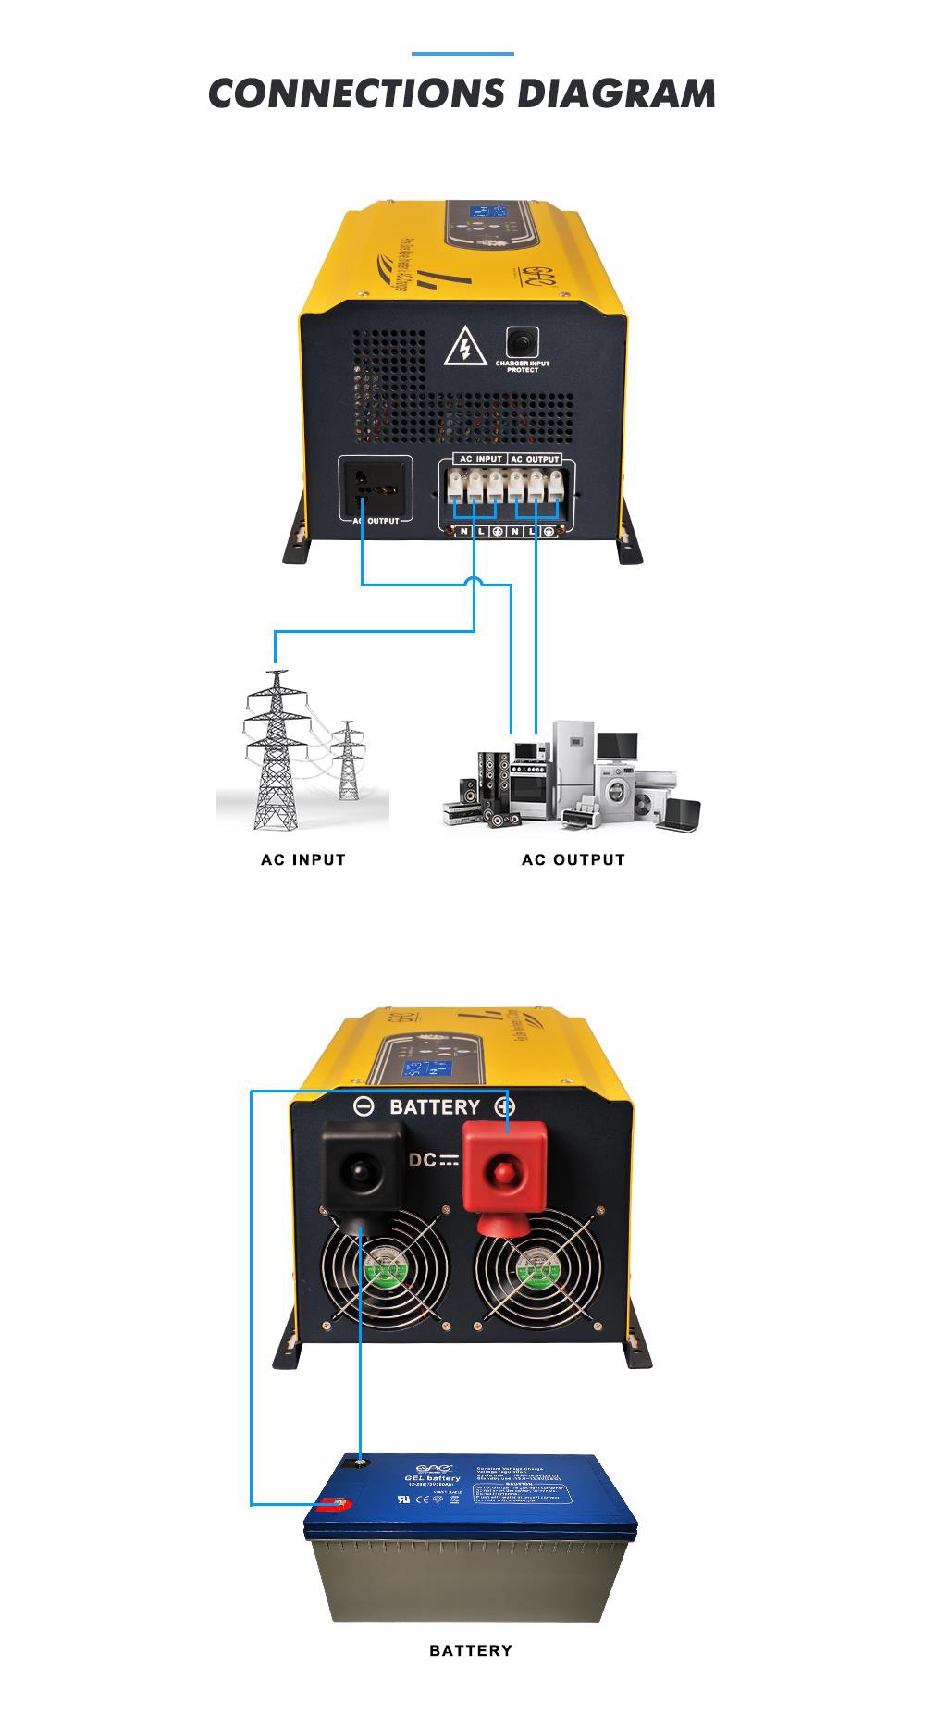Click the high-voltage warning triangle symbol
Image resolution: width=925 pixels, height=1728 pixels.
[465, 348]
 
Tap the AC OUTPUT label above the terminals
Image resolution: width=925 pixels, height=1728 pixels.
[535, 459]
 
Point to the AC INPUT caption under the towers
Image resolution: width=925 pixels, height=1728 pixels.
[303, 859]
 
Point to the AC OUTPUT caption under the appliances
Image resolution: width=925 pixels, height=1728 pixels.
[573, 859]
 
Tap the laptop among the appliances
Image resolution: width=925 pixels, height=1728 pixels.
[683, 814]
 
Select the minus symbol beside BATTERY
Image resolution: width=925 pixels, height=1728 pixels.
[364, 1106]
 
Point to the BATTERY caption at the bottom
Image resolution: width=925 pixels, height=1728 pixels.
[470, 1650]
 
